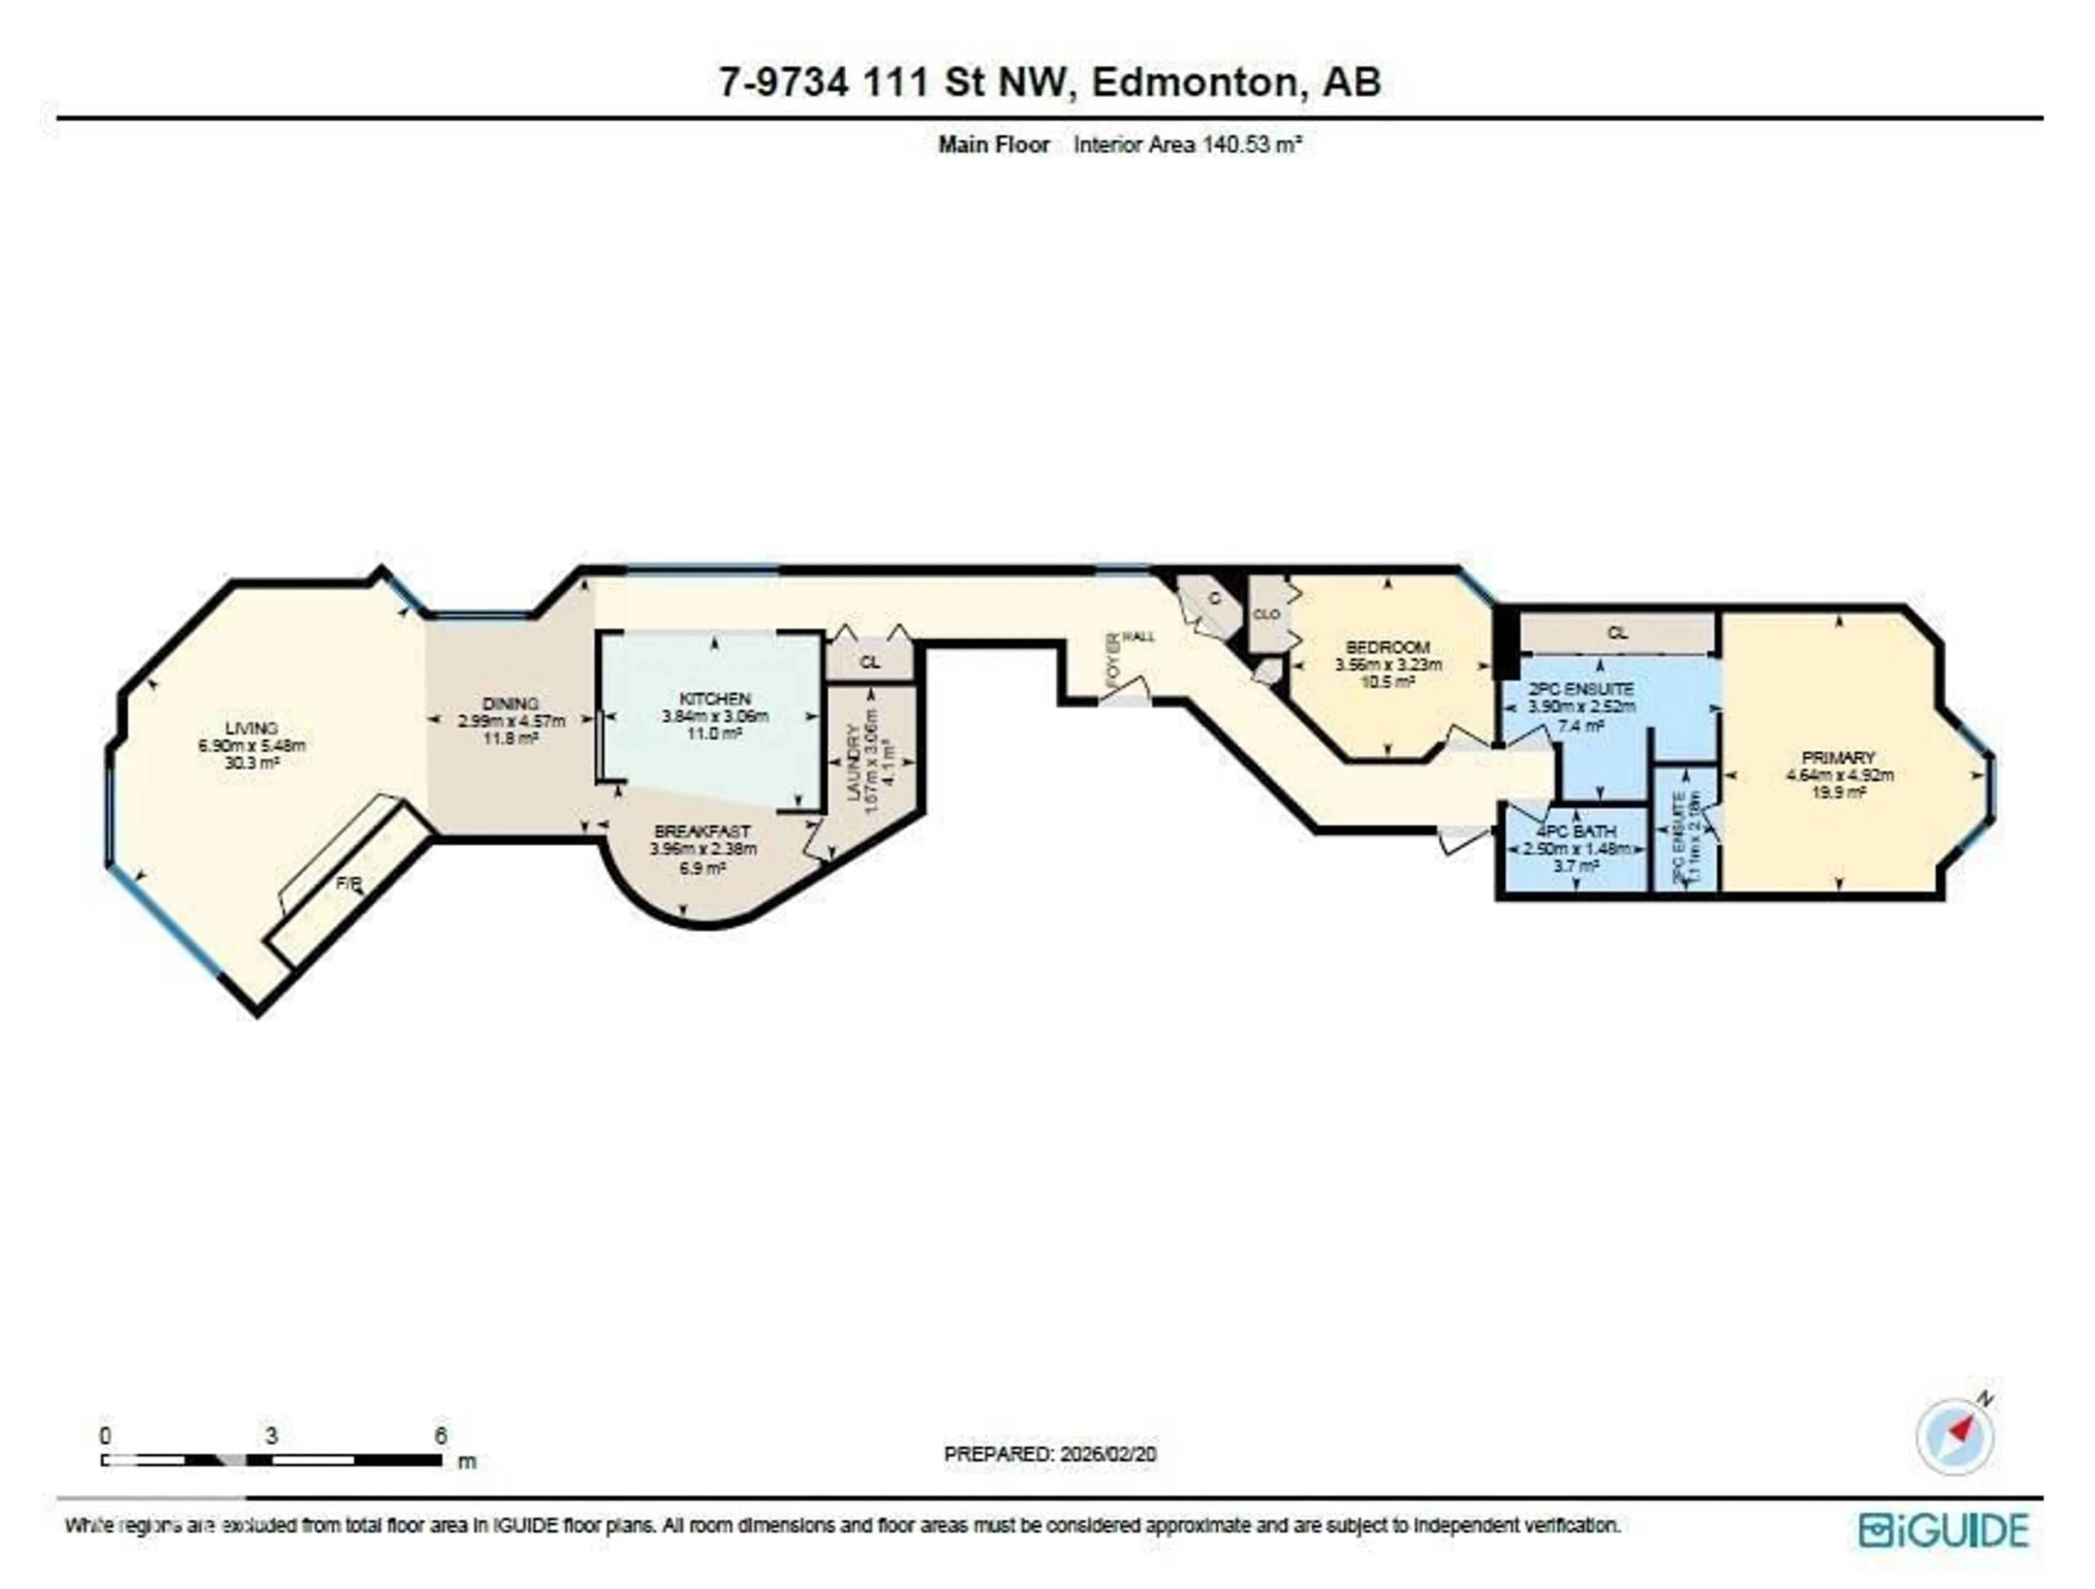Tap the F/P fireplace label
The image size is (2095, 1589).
pos(349,884)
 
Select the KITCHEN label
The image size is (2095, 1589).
pos(715,699)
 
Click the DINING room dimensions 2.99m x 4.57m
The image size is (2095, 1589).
pos(511,721)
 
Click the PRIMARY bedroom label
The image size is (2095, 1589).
pos(1839,758)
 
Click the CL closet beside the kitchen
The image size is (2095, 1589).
pos(870,662)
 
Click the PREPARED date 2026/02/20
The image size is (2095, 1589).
pos(1103,1454)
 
